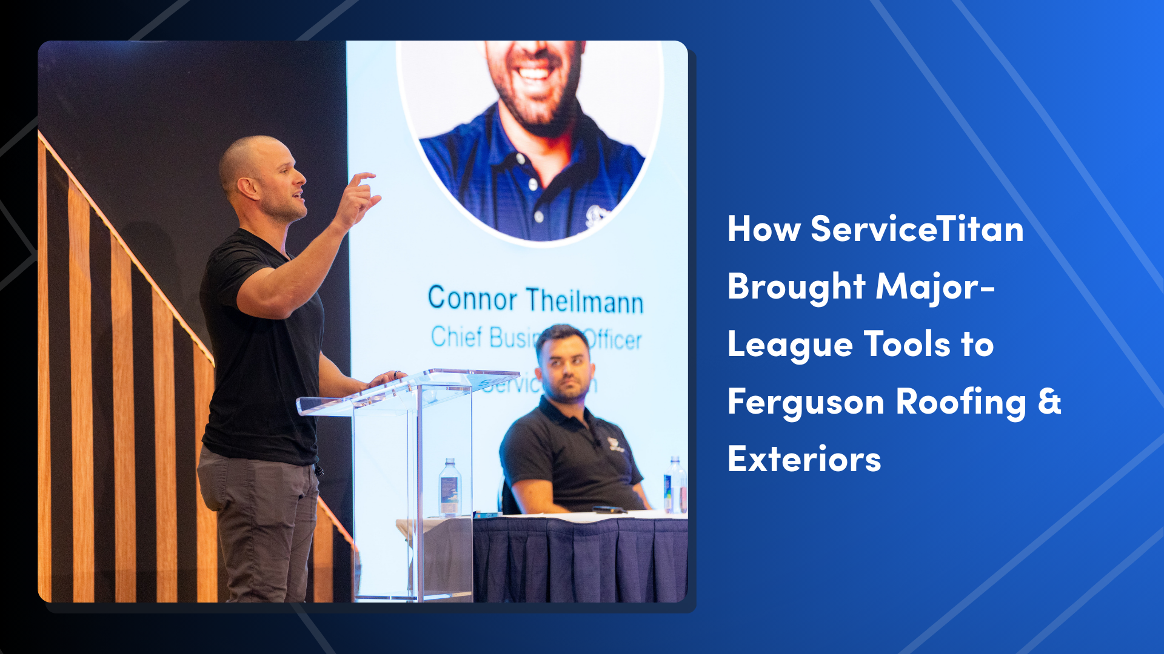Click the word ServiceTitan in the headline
coord(917,230)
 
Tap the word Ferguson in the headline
coord(806,403)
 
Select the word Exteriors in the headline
coord(804,459)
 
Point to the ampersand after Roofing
coord(1049,401)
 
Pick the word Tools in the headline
coord(907,344)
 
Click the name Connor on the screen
coord(472,299)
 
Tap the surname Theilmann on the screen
coord(584,301)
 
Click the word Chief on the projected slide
coord(456,337)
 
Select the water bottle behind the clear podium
coord(449,488)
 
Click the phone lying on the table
coord(609,510)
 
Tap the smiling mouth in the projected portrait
coord(533,73)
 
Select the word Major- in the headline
coord(935,286)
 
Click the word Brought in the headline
coord(796,286)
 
